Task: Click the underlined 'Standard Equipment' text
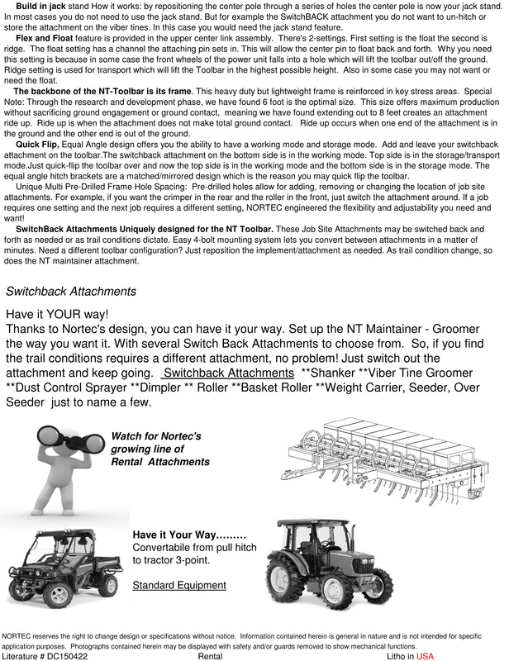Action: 178,585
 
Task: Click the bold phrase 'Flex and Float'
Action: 49,39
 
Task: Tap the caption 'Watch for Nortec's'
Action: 155,435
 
